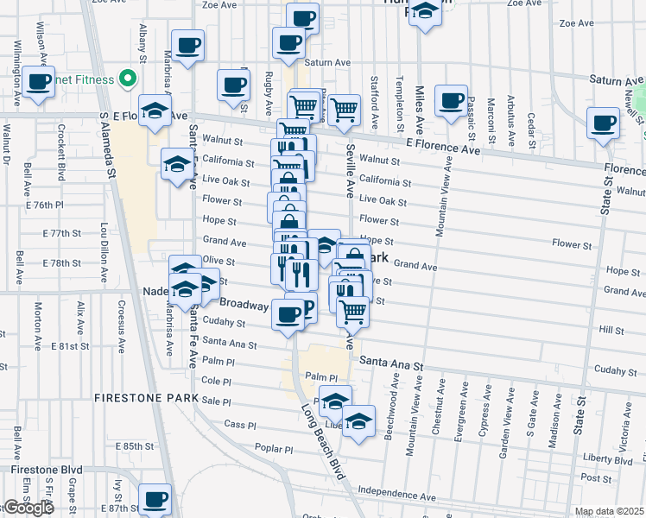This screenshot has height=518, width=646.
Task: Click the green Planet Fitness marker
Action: click(128, 80)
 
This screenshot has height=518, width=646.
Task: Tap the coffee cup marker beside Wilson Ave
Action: click(39, 82)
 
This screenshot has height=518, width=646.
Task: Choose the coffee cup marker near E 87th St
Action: click(155, 498)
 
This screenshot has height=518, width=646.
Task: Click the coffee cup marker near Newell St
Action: click(602, 122)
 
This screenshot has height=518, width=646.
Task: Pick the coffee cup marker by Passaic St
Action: click(451, 100)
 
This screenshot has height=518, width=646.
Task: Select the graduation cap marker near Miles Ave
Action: click(424, 12)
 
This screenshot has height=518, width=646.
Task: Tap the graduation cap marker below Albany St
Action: click(155, 111)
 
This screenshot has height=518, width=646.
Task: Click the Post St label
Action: click(596, 477)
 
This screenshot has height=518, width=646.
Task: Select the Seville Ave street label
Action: click(351, 176)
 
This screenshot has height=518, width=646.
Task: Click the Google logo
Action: click(28, 508)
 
